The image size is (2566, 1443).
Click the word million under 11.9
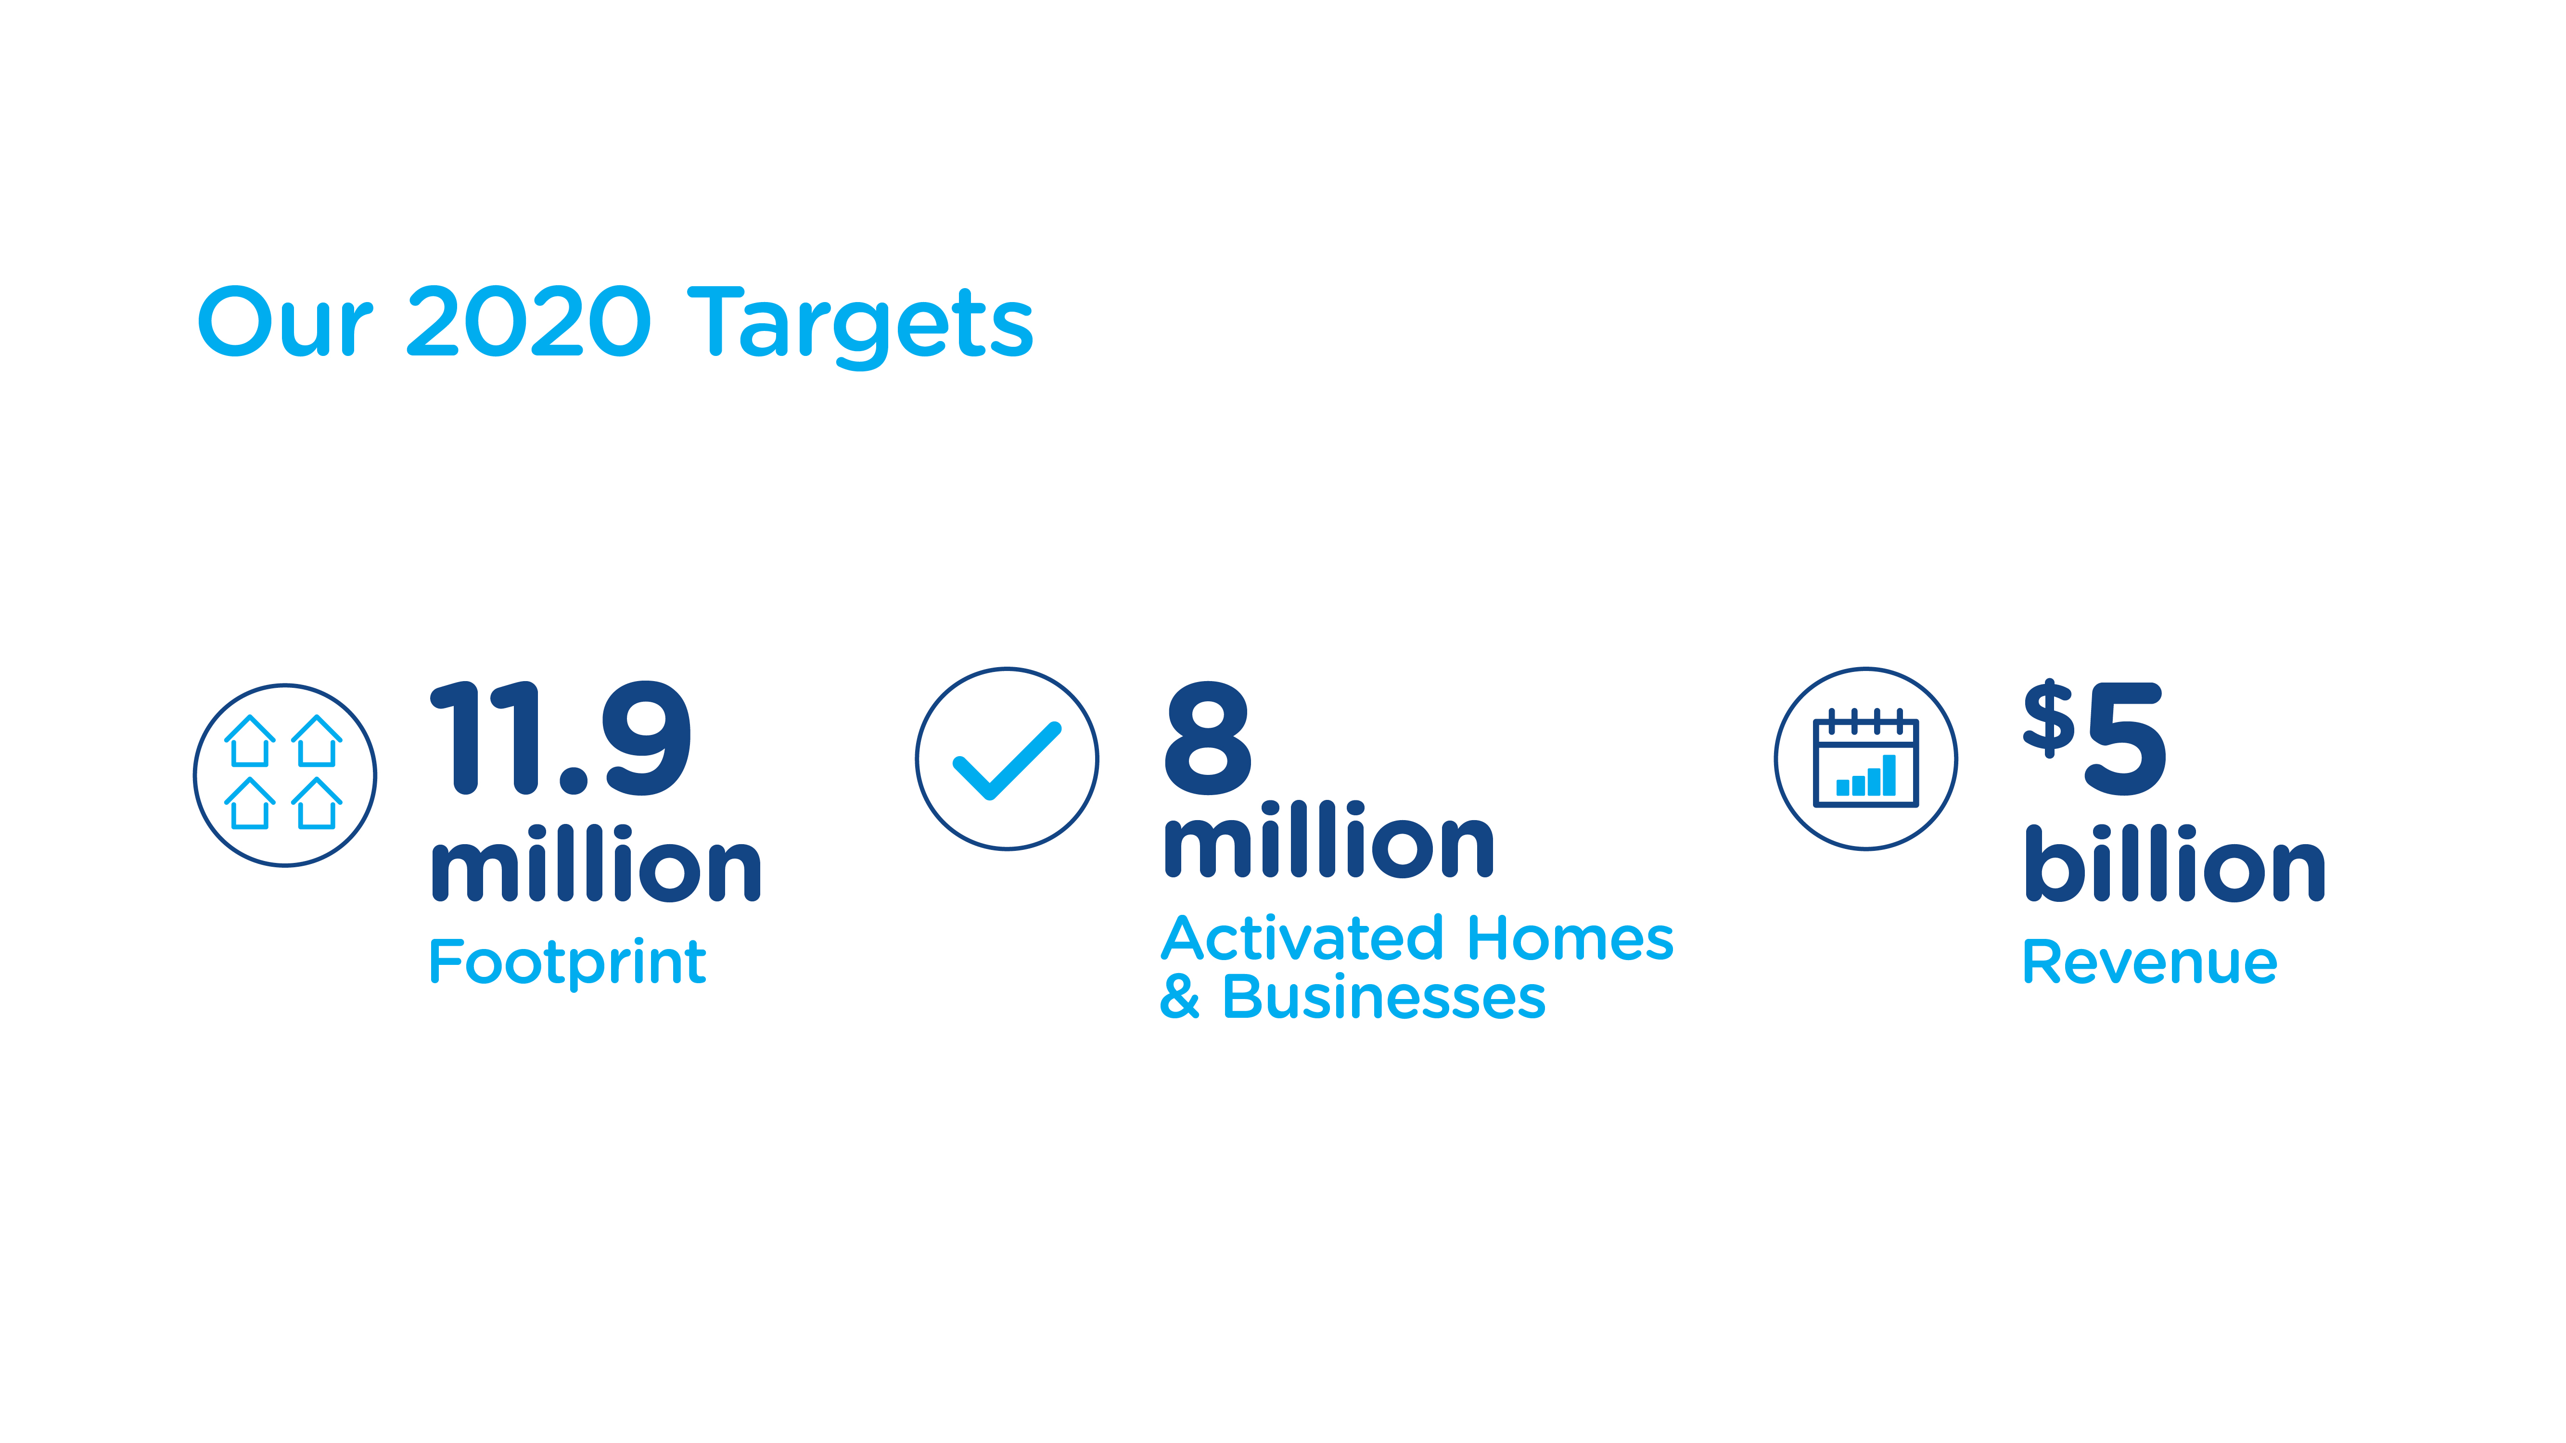(596, 863)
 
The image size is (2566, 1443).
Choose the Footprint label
(568, 963)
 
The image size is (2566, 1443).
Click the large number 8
(1207, 739)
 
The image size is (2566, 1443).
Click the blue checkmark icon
(1006, 760)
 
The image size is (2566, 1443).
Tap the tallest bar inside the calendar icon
(1889, 775)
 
